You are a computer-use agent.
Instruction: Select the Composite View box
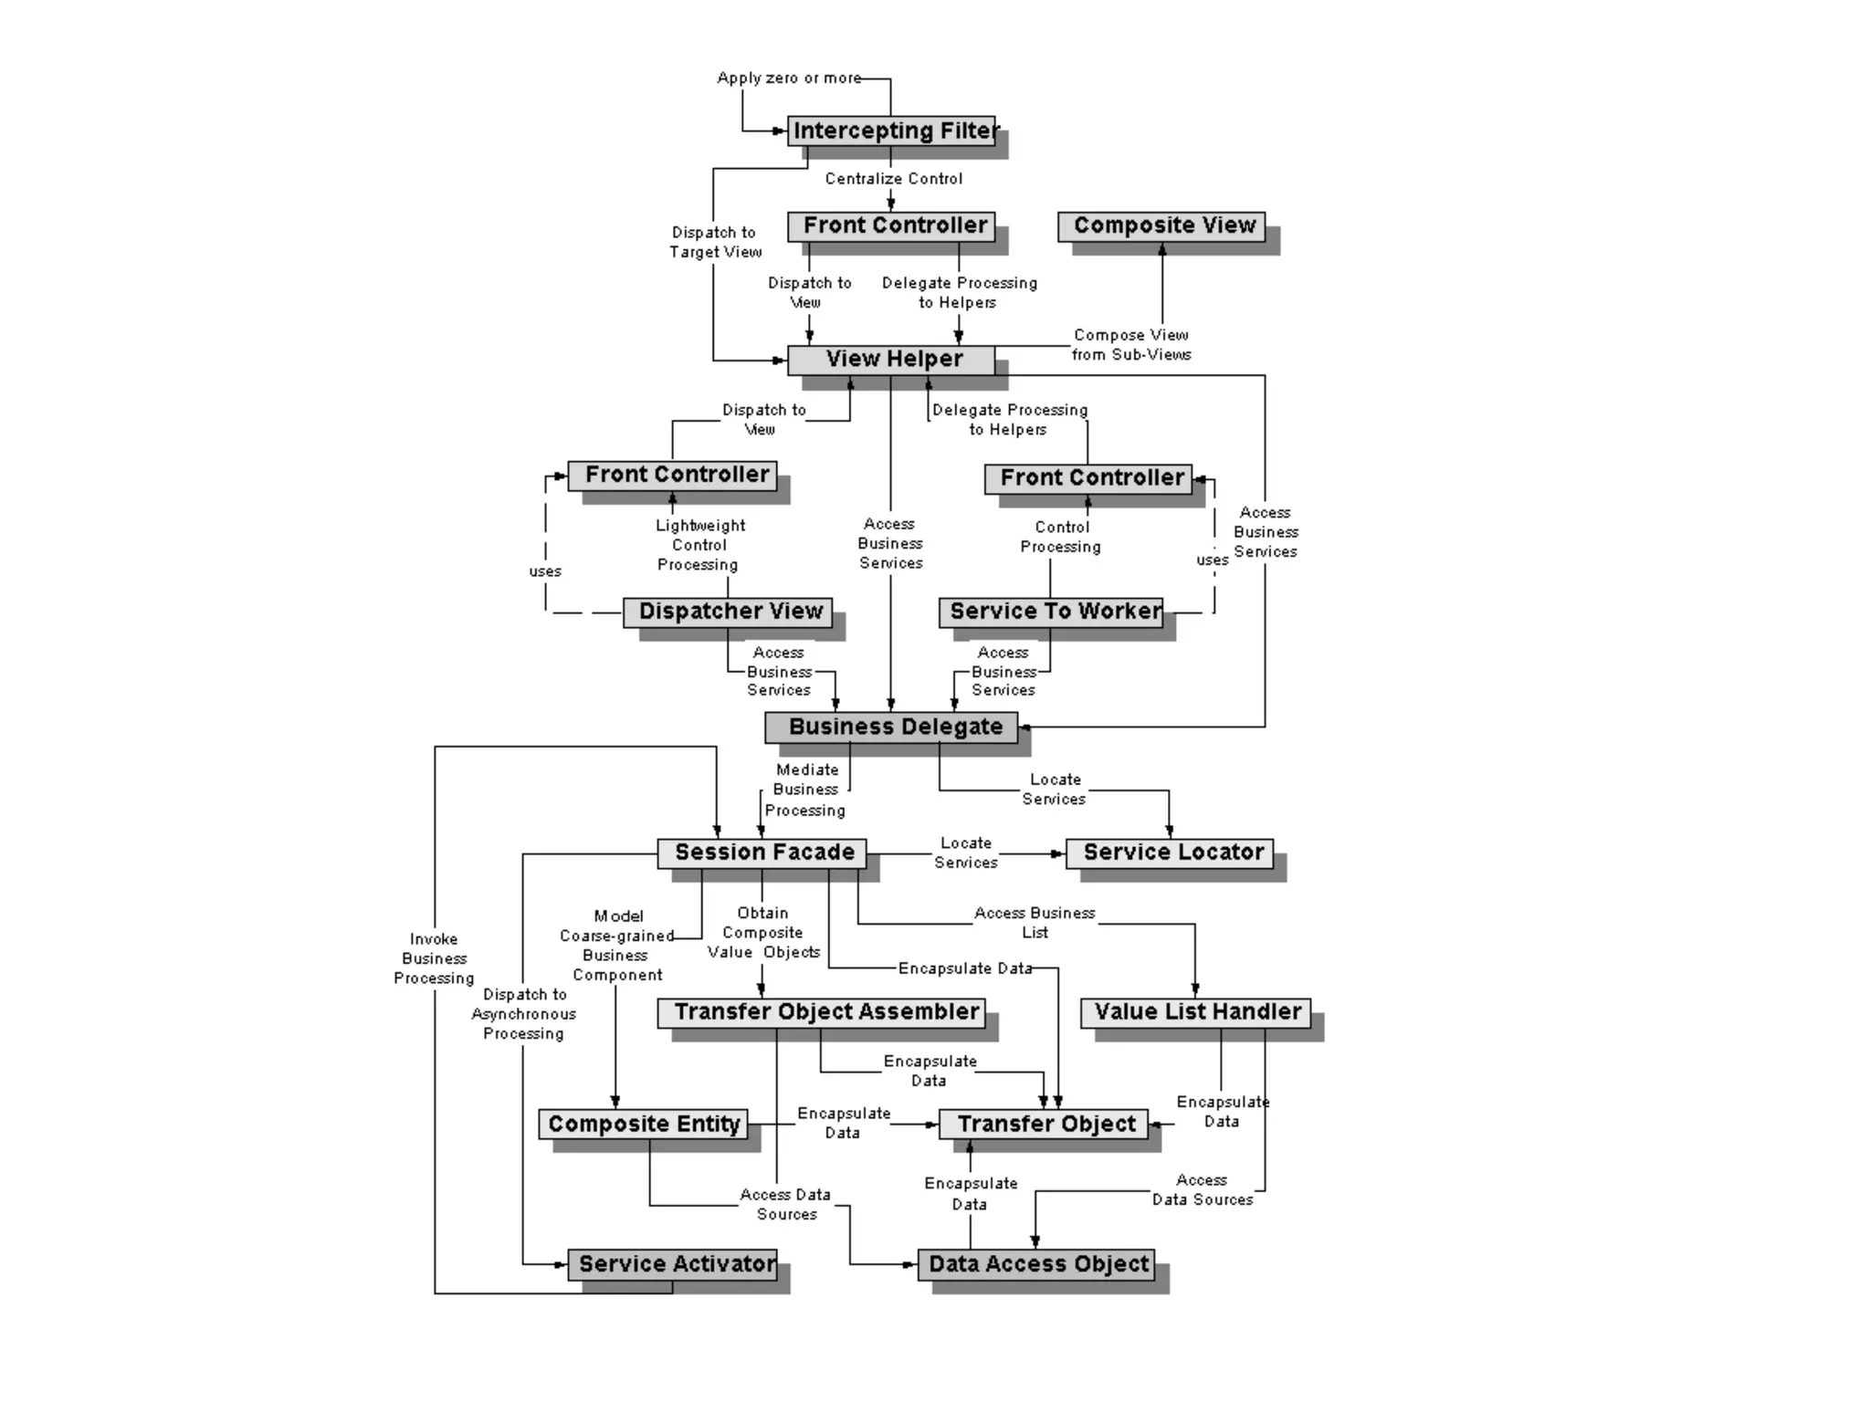tap(1161, 225)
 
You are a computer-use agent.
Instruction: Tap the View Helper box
tap(891, 359)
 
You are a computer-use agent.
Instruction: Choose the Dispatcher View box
tap(728, 612)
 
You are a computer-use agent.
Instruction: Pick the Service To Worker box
tap(1051, 612)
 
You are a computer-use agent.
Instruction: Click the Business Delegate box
tap(891, 727)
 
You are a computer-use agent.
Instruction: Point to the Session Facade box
tap(762, 853)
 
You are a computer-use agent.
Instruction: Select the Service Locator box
tap(1170, 853)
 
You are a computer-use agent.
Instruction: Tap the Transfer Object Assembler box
tap(822, 1012)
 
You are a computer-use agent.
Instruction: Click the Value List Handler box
tap(1195, 1012)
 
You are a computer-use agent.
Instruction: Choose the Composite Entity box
tap(643, 1125)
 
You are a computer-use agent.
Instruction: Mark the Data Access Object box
tap(1035, 1264)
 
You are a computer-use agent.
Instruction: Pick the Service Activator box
tap(673, 1264)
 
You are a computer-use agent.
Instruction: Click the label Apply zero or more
tap(789, 78)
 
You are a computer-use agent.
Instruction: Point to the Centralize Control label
tap(893, 179)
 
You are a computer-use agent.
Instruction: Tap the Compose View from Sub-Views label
tap(1131, 345)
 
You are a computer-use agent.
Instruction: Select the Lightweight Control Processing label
tap(699, 545)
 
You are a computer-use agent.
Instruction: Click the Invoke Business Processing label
tap(434, 958)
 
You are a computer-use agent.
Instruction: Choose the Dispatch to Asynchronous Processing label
tap(524, 1014)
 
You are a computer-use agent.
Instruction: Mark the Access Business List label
tap(1035, 923)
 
